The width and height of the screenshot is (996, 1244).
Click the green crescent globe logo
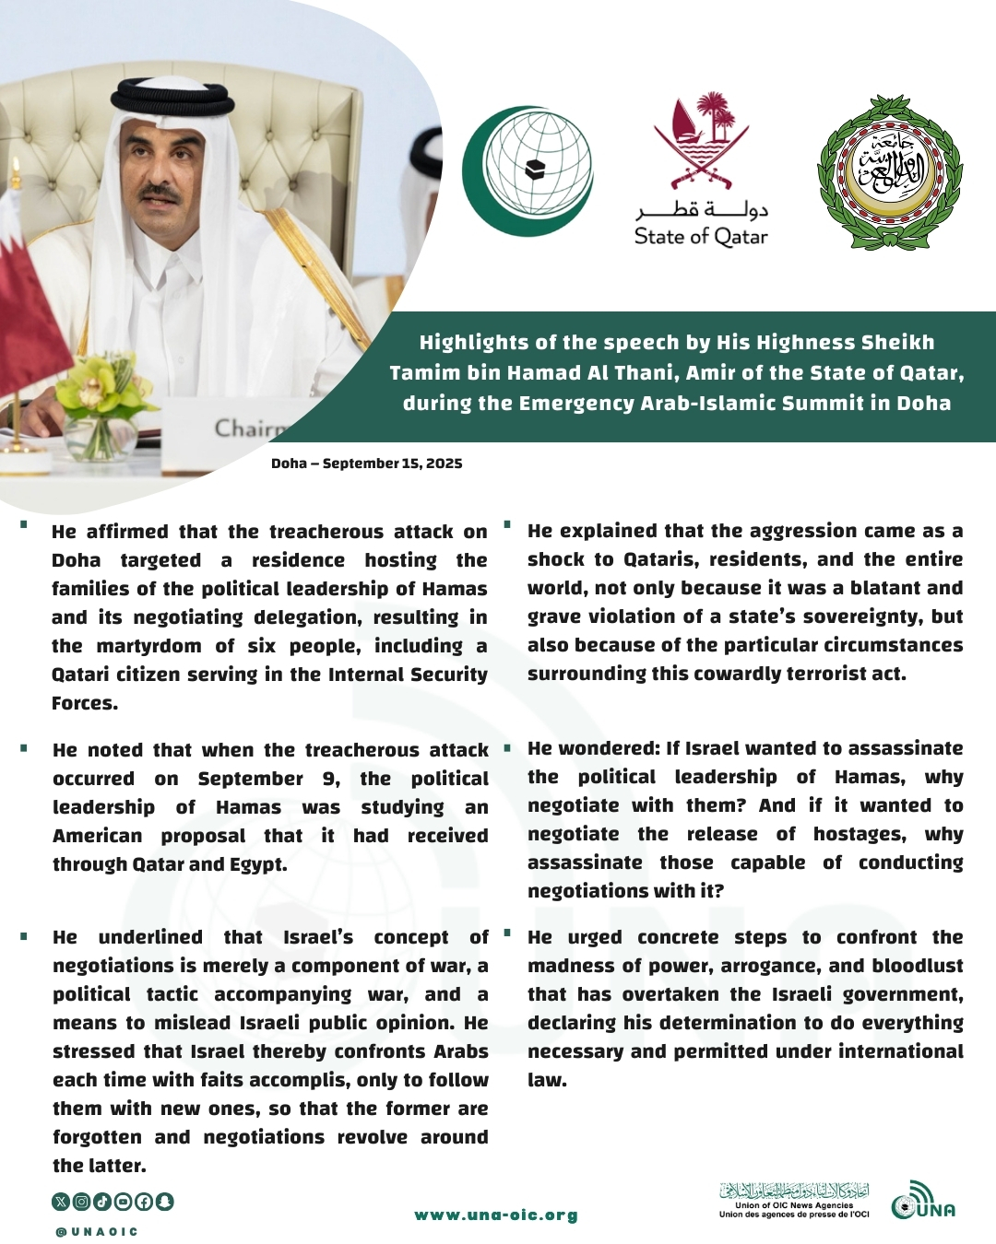point(527,171)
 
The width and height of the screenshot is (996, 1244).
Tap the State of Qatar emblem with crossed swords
point(701,138)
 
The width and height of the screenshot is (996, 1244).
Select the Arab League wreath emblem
point(890,172)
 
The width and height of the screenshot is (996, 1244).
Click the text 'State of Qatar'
point(701,237)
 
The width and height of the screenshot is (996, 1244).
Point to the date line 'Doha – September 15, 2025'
point(366,464)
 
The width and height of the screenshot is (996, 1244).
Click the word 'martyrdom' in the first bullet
point(148,646)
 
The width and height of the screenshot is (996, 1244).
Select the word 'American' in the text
point(97,836)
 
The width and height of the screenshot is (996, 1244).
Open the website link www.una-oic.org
point(496,1215)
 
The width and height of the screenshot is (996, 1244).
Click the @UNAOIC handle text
point(97,1232)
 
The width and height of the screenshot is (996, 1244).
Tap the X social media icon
point(61,1202)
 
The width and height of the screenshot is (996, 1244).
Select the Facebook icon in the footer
point(144,1202)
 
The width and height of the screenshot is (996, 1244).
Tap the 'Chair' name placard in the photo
point(247,428)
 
